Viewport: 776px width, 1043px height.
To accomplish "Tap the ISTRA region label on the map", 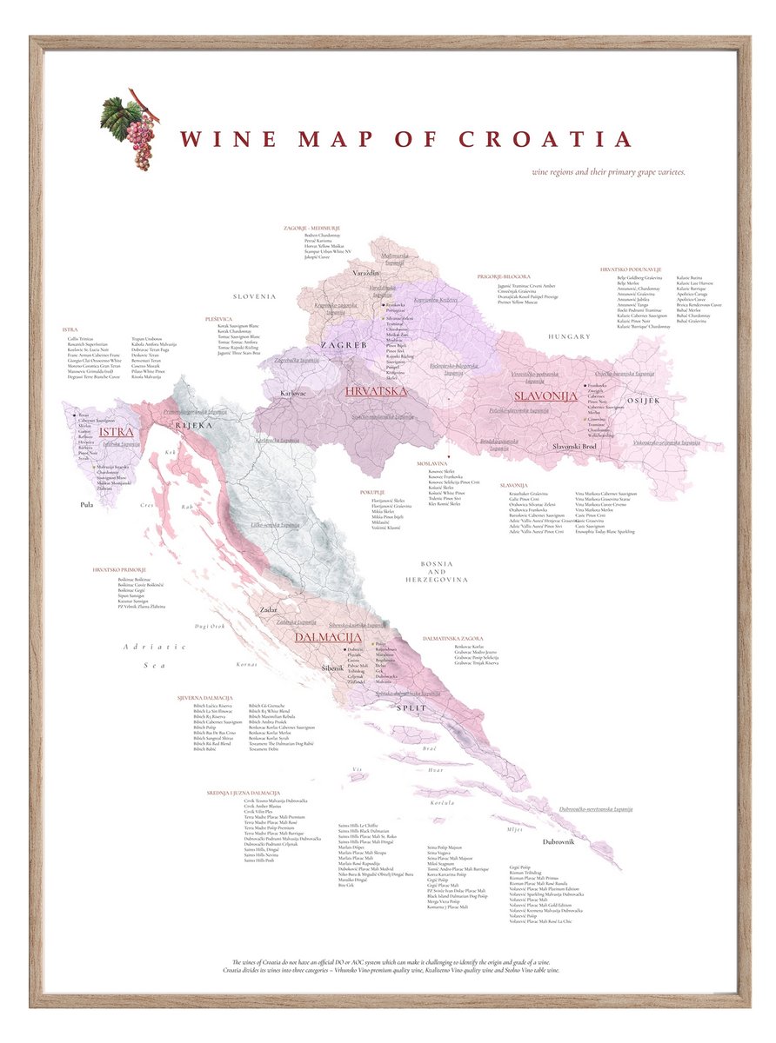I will (x=115, y=431).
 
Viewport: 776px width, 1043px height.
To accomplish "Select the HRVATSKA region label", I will (x=376, y=391).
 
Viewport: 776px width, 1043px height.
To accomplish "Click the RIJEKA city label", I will (x=194, y=425).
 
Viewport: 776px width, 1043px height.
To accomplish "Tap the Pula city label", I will (x=86, y=503).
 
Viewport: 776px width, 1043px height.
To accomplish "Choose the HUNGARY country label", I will (x=569, y=335).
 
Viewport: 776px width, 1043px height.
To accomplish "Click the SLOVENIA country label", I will (x=253, y=296).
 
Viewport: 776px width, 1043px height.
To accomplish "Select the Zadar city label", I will (x=268, y=610).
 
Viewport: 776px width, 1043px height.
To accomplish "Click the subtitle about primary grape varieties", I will (x=609, y=171).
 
